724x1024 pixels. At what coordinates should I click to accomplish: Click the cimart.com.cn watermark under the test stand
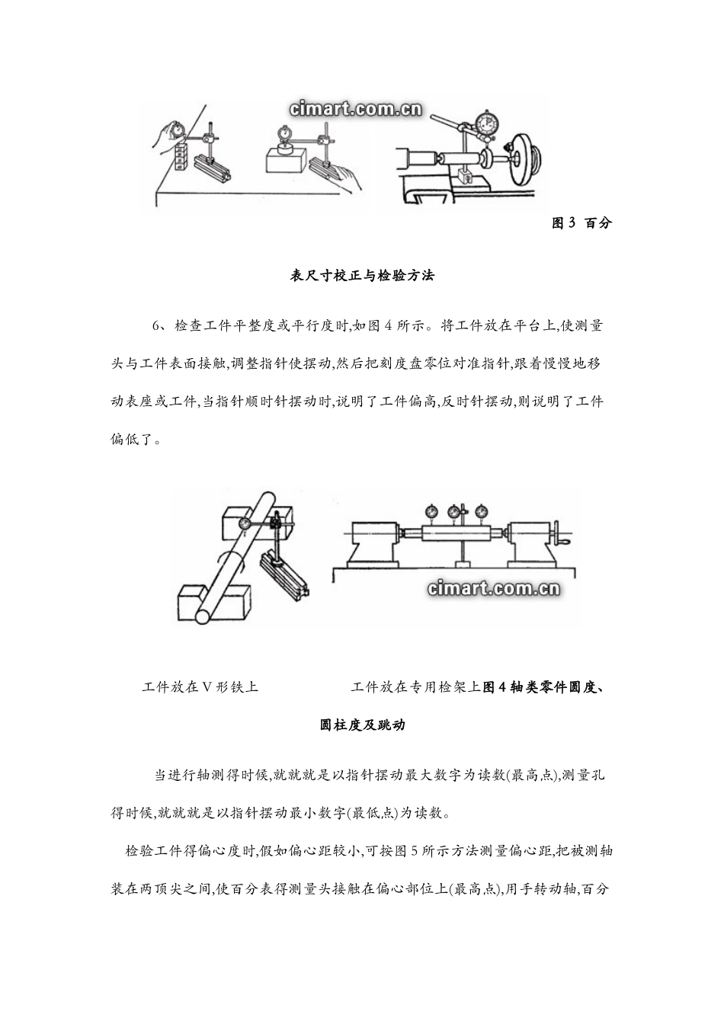495,588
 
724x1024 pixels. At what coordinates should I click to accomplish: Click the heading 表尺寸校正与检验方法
362,276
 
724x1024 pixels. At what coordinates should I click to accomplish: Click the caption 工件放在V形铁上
200,686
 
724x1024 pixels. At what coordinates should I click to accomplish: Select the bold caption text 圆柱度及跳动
362,725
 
